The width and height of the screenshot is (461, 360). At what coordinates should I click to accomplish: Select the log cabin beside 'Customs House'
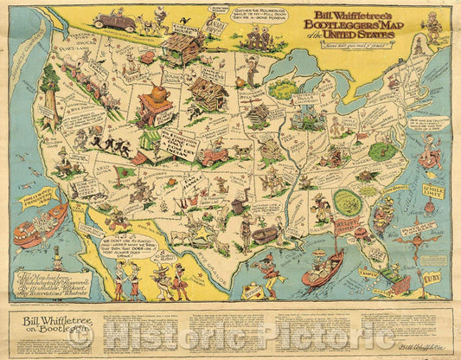[184, 47]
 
